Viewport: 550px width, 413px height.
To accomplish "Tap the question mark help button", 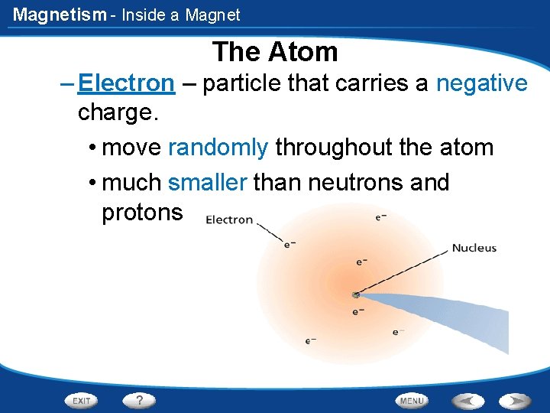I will pyautogui.click(x=140, y=400).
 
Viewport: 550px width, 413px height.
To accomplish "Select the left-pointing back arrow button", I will pyautogui.click(x=467, y=400).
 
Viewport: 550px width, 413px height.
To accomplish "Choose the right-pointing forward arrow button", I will pyautogui.click(x=515, y=400).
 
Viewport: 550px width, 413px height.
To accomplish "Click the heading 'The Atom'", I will pyautogui.click(x=275, y=52).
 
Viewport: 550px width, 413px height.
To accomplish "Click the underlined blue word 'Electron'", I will pyautogui.click(x=126, y=83).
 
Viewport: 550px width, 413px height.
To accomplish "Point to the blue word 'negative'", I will pyautogui.click(x=481, y=83).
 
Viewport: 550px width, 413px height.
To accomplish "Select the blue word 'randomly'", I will pyautogui.click(x=218, y=147).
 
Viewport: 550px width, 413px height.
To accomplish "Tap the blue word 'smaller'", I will pyautogui.click(x=207, y=183).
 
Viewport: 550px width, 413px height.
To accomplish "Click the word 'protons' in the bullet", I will pyautogui.click(x=142, y=213).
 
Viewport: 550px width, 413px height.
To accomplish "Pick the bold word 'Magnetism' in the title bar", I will pyautogui.click(x=60, y=15).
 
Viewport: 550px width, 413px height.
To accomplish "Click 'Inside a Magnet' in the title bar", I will pyautogui.click(x=181, y=15).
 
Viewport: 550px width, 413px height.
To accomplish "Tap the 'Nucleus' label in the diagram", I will pyautogui.click(x=474, y=248).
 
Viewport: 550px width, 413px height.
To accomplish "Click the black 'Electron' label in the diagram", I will pyautogui.click(x=229, y=220).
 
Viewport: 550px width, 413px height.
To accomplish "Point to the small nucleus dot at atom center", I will pyautogui.click(x=356, y=294).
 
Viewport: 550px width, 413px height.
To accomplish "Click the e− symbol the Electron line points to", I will pyautogui.click(x=290, y=245).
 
